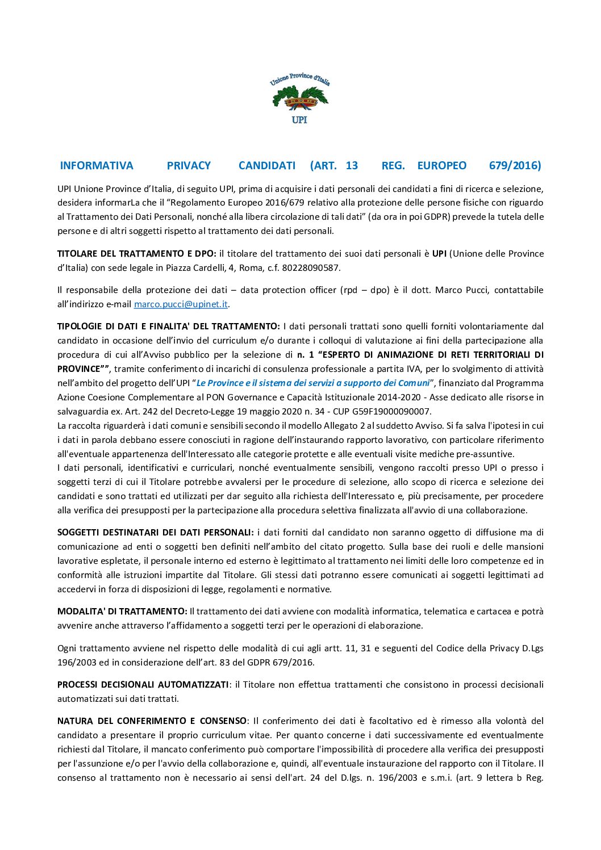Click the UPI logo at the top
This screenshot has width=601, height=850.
point(299,98)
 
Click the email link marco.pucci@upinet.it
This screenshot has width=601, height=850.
point(181,304)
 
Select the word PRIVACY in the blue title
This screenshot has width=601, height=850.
point(189,166)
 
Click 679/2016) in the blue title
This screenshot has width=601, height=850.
point(515,166)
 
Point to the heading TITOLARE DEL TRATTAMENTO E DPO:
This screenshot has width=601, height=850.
point(136,254)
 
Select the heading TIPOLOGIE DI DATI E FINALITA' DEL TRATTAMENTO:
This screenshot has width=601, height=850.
point(168,326)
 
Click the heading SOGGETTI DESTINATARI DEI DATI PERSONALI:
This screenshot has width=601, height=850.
point(155,533)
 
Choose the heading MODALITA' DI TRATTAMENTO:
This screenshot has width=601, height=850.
point(122,612)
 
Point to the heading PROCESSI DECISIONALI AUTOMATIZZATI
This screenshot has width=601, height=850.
point(143,685)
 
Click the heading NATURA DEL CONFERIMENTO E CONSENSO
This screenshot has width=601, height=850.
point(152,721)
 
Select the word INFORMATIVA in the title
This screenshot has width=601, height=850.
point(97,166)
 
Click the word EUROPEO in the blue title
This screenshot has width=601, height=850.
point(441,166)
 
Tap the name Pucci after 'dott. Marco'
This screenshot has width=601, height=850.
point(477,290)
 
